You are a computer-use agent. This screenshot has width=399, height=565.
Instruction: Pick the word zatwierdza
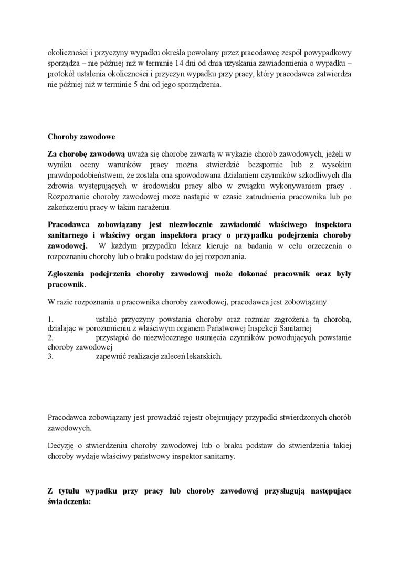(333, 75)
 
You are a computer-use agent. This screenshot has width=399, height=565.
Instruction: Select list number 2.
(50, 338)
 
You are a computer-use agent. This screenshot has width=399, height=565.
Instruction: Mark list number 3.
(50, 357)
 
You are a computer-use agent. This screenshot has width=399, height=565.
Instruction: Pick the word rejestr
(194, 417)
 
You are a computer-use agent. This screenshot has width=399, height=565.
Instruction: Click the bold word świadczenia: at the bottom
(69, 501)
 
